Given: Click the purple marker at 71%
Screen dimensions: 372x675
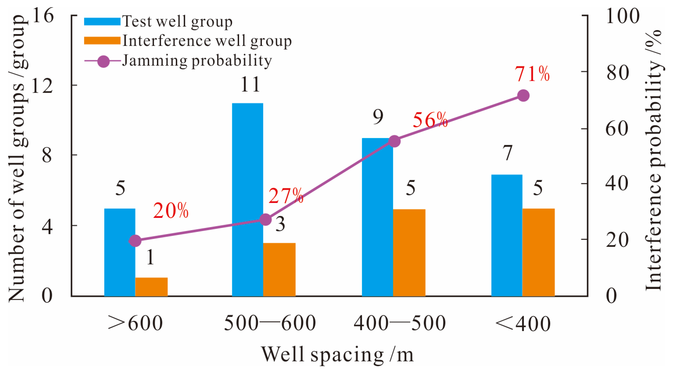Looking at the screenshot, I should (x=523, y=96).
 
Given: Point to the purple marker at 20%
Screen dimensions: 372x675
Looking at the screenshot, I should (x=135, y=240).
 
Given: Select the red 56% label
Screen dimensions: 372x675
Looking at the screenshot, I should (x=430, y=120).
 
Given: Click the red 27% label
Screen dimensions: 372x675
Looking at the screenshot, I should (x=286, y=196).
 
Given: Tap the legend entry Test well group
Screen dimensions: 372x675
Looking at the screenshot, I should (x=177, y=21).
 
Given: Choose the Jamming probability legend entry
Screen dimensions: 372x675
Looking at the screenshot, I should (x=197, y=61).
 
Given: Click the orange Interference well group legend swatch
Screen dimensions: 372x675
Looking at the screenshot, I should (x=102, y=41).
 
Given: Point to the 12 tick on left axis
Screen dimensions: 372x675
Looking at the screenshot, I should (x=42, y=86).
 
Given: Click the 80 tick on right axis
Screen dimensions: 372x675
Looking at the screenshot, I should (x=617, y=72).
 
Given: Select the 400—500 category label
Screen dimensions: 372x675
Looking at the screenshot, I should (x=400, y=323).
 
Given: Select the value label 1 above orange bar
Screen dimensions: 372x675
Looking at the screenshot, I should (x=150, y=257).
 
